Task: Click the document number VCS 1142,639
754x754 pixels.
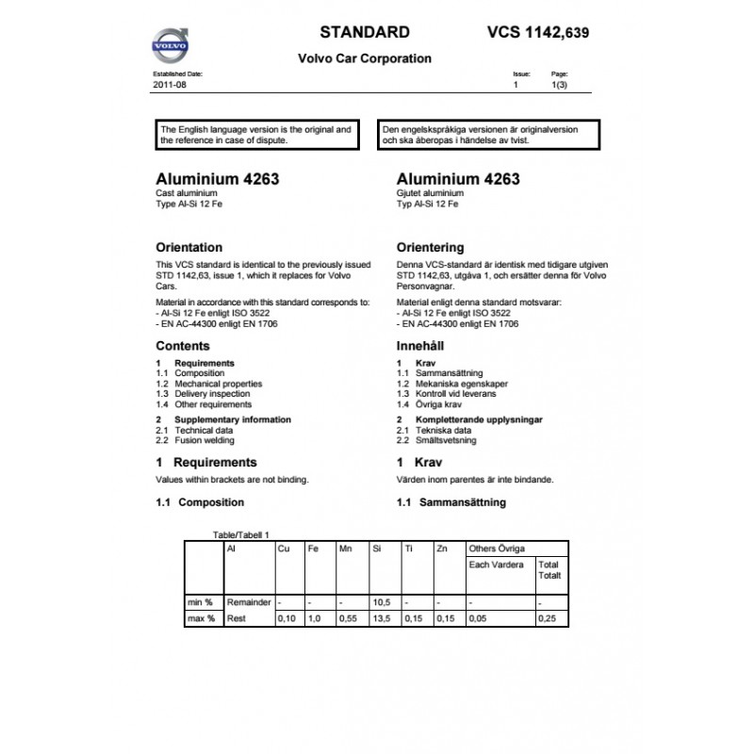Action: [540, 31]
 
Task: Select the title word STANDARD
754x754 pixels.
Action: [365, 31]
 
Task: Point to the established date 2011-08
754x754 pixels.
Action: [170, 85]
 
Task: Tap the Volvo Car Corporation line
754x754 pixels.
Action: [365, 58]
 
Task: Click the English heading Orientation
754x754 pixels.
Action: [188, 248]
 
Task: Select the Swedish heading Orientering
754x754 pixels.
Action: [431, 248]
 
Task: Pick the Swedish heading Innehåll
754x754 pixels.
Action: [420, 346]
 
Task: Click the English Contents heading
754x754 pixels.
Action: [182, 346]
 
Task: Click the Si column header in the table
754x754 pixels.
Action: [376, 548]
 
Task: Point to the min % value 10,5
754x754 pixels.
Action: [381, 601]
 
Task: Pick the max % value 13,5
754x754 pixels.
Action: [381, 618]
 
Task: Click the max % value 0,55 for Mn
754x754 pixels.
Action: [349, 618]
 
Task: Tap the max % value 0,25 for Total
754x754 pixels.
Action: [547, 618]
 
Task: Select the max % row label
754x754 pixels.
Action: [202, 618]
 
